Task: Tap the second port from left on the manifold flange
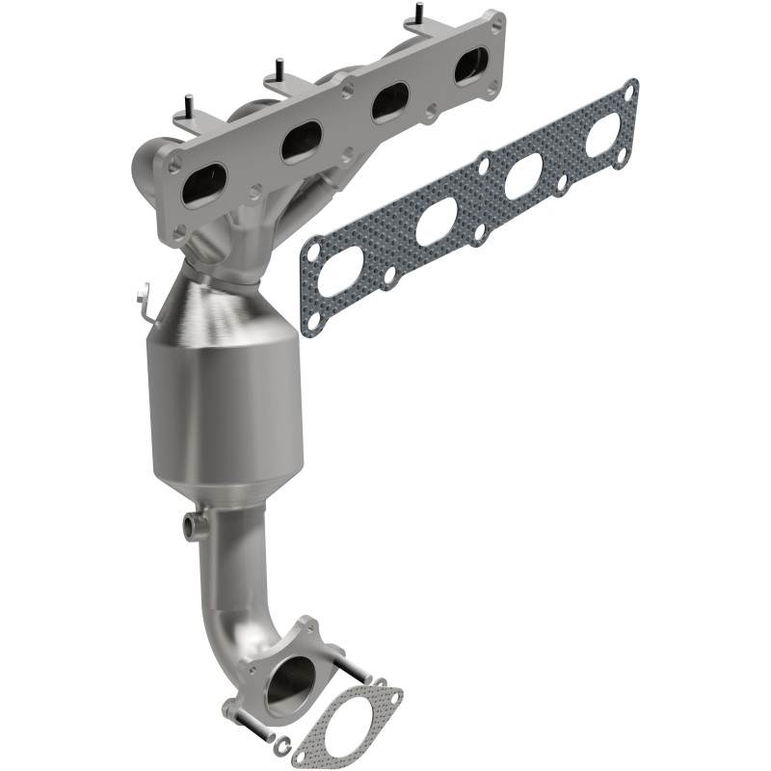pos(301,142)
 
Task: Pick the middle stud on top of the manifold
pos(278,69)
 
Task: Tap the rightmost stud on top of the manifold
pos(419,13)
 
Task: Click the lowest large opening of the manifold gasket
pos(341,270)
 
